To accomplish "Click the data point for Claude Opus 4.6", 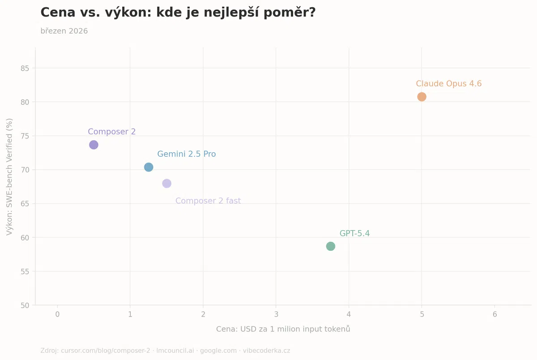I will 422,97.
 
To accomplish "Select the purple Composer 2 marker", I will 94,145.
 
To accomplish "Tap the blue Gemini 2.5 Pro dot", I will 149,167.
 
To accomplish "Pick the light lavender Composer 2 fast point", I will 166,183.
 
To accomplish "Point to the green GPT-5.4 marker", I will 330,246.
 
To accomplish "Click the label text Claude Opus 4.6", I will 448,84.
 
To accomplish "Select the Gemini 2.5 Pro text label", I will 186,154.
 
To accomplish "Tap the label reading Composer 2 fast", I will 208,201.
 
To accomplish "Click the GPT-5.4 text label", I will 354,233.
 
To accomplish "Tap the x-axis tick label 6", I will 494,314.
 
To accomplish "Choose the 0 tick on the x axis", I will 57,314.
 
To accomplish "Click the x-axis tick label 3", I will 276,314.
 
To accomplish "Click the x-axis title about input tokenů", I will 283,329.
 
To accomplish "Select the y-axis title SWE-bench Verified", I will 9,176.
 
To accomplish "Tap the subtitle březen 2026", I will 64,31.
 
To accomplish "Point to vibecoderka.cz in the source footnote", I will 266,351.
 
